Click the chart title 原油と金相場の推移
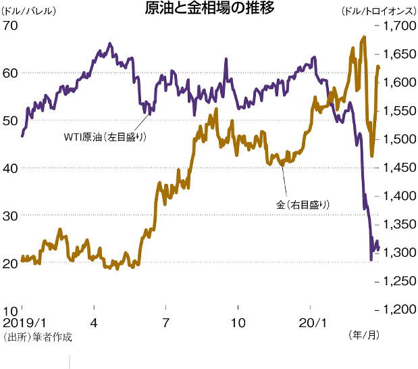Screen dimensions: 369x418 (209, 9)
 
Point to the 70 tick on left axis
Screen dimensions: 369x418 (10, 25)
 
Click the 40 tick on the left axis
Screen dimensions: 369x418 (10, 168)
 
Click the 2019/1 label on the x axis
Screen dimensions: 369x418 (22, 322)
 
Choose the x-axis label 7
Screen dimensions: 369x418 (165, 322)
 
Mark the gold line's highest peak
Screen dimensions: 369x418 (364, 37)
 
